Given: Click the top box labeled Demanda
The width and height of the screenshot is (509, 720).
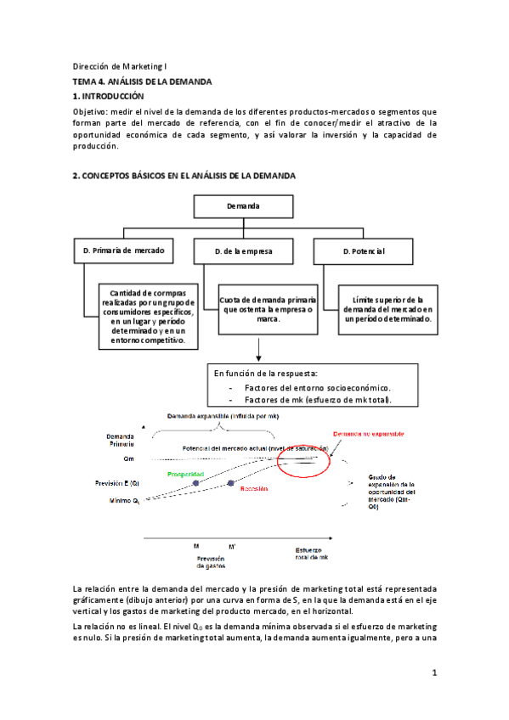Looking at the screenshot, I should click(243, 205).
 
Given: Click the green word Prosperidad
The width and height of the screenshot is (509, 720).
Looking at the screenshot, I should click(184, 474).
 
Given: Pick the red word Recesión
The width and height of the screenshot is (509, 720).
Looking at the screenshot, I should click(253, 489).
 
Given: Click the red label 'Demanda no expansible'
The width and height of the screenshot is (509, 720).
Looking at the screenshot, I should click(368, 433).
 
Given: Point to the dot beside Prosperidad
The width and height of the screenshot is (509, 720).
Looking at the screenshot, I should click(195, 482).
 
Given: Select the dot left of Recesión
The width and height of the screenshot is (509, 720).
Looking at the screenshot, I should click(230, 483).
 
